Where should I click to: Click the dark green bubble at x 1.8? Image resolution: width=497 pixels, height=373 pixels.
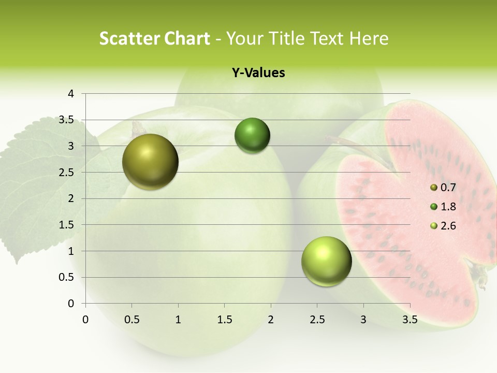252,136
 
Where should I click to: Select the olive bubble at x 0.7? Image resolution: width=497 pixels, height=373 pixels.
150,162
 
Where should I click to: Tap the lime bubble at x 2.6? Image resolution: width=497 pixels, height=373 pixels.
326,261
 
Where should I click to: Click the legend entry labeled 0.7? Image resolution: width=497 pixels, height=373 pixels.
448,188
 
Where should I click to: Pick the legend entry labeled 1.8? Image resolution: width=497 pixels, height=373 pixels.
448,207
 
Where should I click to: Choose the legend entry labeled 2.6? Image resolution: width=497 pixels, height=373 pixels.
448,226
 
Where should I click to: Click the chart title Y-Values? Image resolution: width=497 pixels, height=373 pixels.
258,73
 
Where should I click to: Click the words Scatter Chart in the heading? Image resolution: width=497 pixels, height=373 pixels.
154,38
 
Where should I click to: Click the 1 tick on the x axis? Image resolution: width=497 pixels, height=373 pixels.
178,319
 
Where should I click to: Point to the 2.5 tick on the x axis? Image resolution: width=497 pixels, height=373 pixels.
317,319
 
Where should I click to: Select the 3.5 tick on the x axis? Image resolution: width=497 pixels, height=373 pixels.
410,319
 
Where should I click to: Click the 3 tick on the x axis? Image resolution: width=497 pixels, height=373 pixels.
363,319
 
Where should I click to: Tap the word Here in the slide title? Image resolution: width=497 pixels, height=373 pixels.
369,38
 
